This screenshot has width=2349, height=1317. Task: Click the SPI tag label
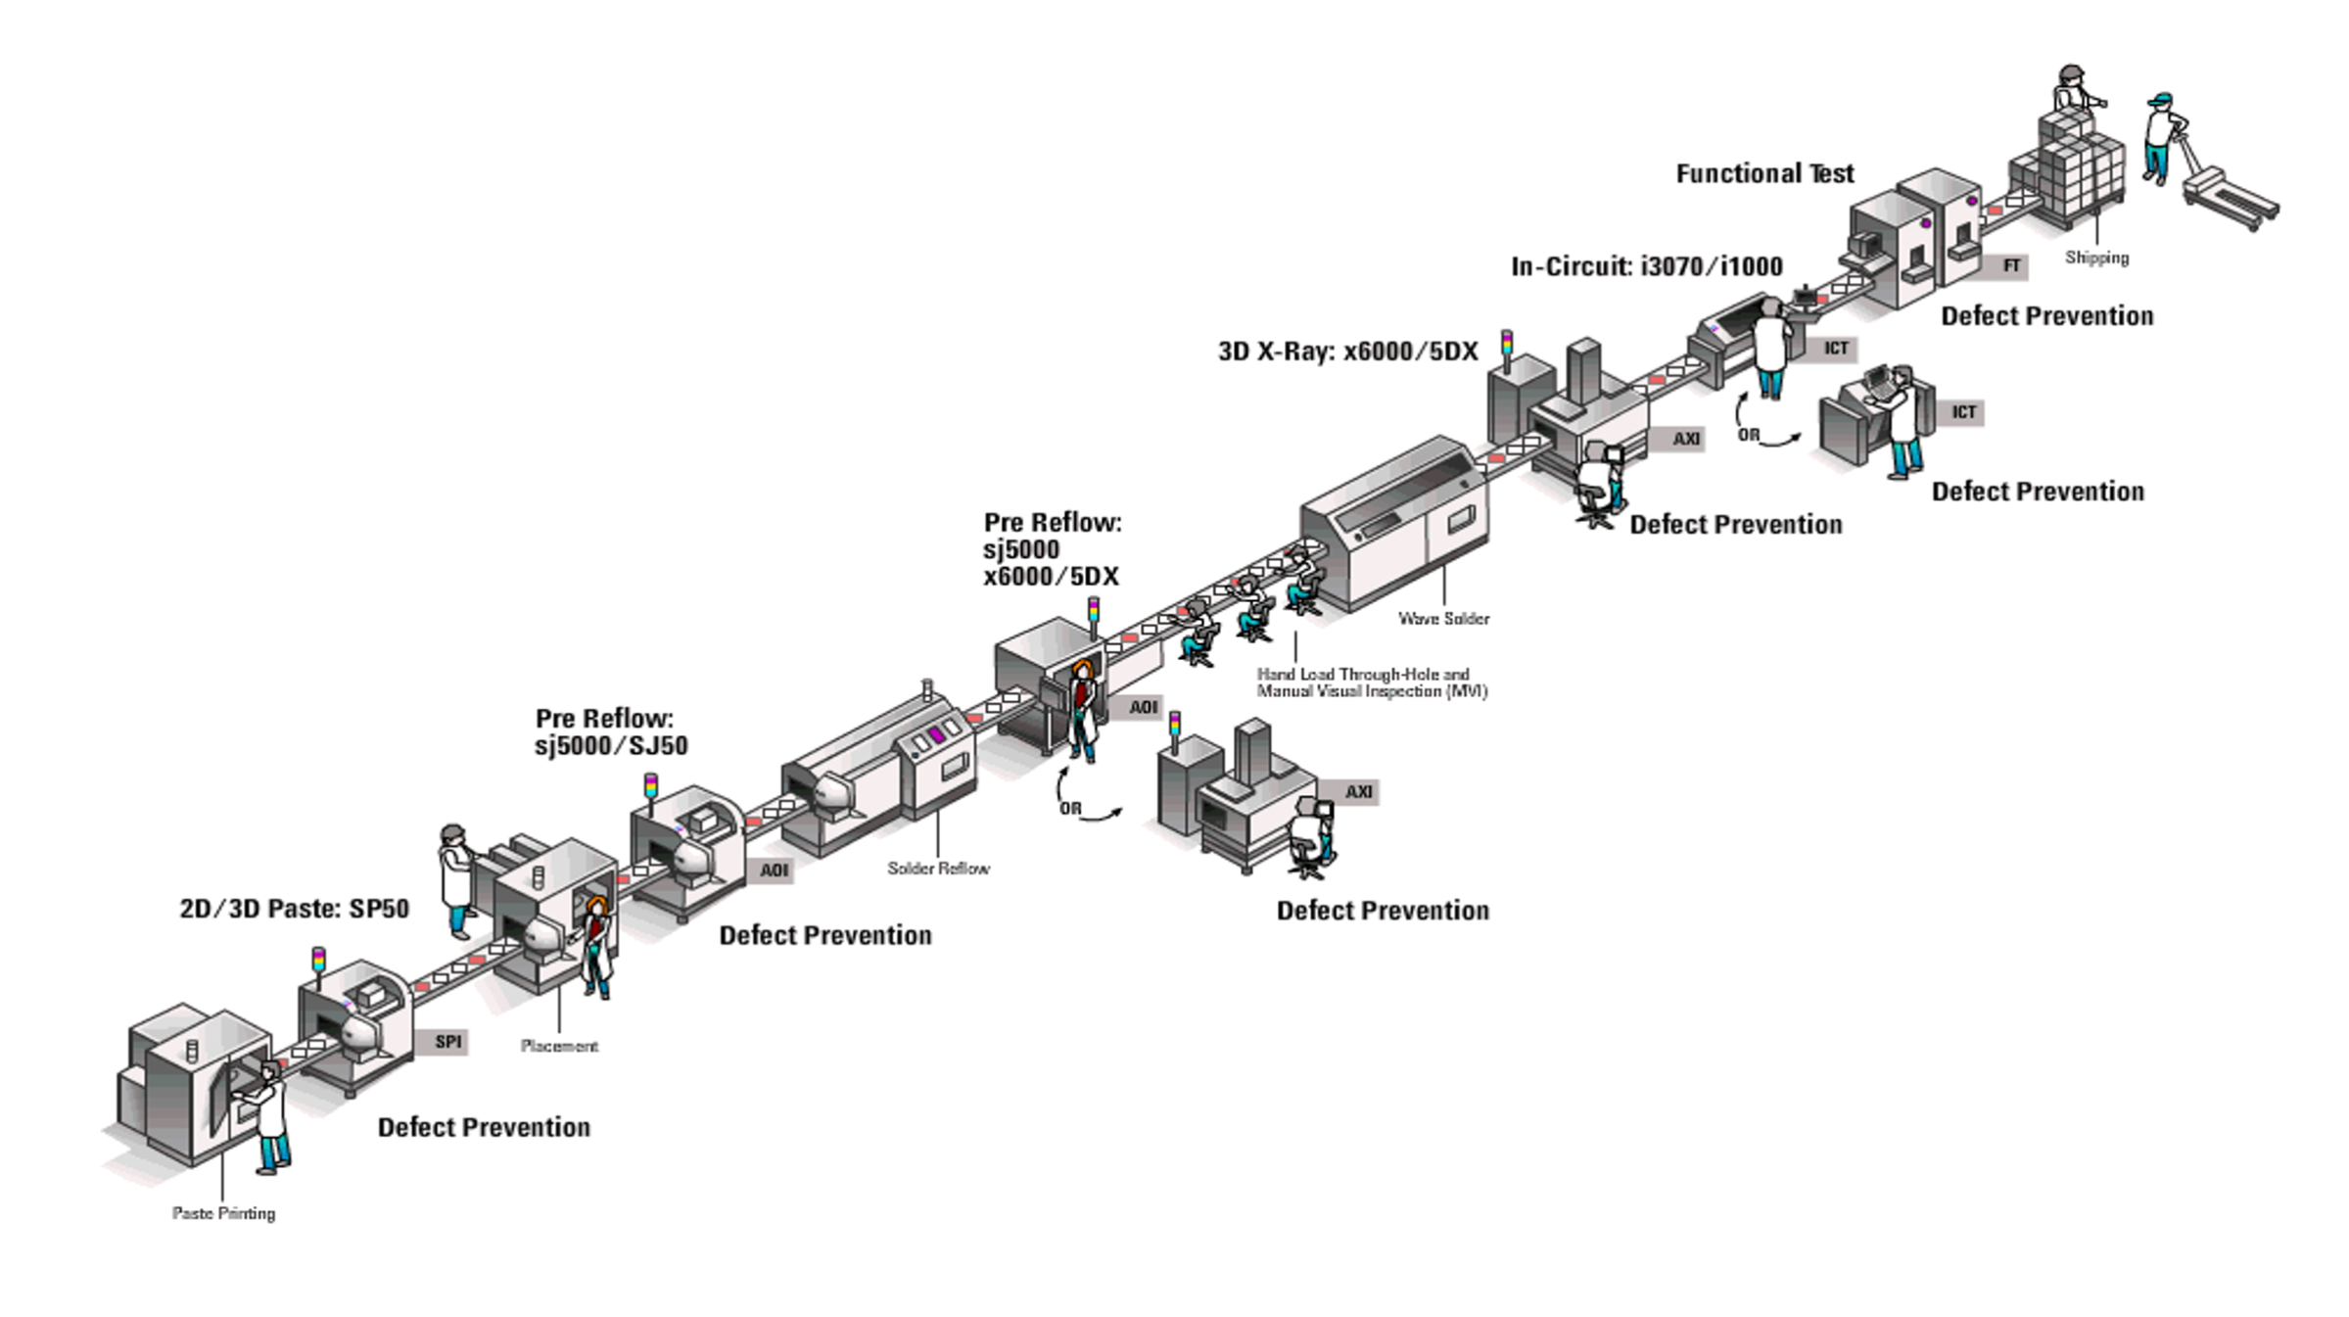(x=448, y=1042)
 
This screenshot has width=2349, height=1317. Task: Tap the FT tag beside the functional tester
(x=2011, y=265)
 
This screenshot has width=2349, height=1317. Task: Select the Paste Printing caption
(x=223, y=1213)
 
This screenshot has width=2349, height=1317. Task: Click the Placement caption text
(x=559, y=1046)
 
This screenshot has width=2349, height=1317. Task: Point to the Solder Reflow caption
(x=938, y=868)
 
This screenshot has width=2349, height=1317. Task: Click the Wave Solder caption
(x=1443, y=618)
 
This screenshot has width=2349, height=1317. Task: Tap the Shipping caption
(x=2096, y=258)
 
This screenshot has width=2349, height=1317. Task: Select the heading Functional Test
(x=1764, y=174)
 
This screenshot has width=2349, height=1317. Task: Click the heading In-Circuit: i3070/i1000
(x=1646, y=266)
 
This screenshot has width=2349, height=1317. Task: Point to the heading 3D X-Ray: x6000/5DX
(x=1347, y=352)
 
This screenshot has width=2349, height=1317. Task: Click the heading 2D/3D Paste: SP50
(x=294, y=909)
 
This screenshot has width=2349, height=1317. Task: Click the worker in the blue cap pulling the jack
(x=2158, y=137)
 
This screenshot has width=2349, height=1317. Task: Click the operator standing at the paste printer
(x=270, y=1116)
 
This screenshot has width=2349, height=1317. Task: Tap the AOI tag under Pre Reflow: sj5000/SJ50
(x=774, y=870)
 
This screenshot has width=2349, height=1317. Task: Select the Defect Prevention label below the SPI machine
(x=484, y=1128)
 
